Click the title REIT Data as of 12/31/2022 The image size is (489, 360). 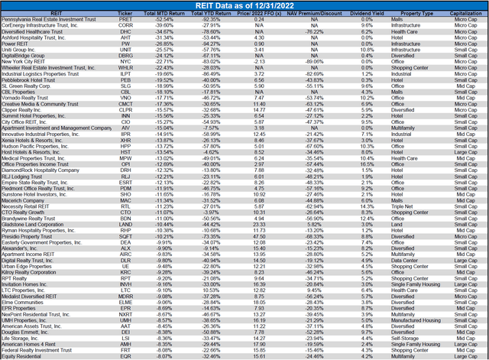coord(244,6)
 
